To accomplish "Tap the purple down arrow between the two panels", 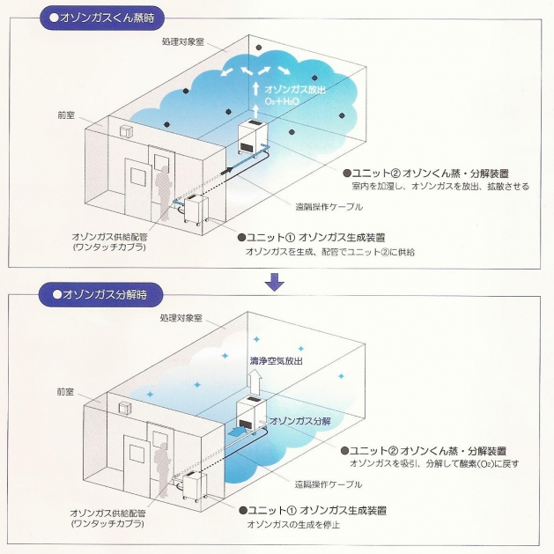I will [x=276, y=281].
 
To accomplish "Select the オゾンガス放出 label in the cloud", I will [x=297, y=89].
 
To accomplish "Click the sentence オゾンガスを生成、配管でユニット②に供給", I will [x=329, y=252].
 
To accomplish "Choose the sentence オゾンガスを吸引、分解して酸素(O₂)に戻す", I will [x=432, y=462].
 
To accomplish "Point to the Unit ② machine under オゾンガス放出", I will [x=256, y=143].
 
